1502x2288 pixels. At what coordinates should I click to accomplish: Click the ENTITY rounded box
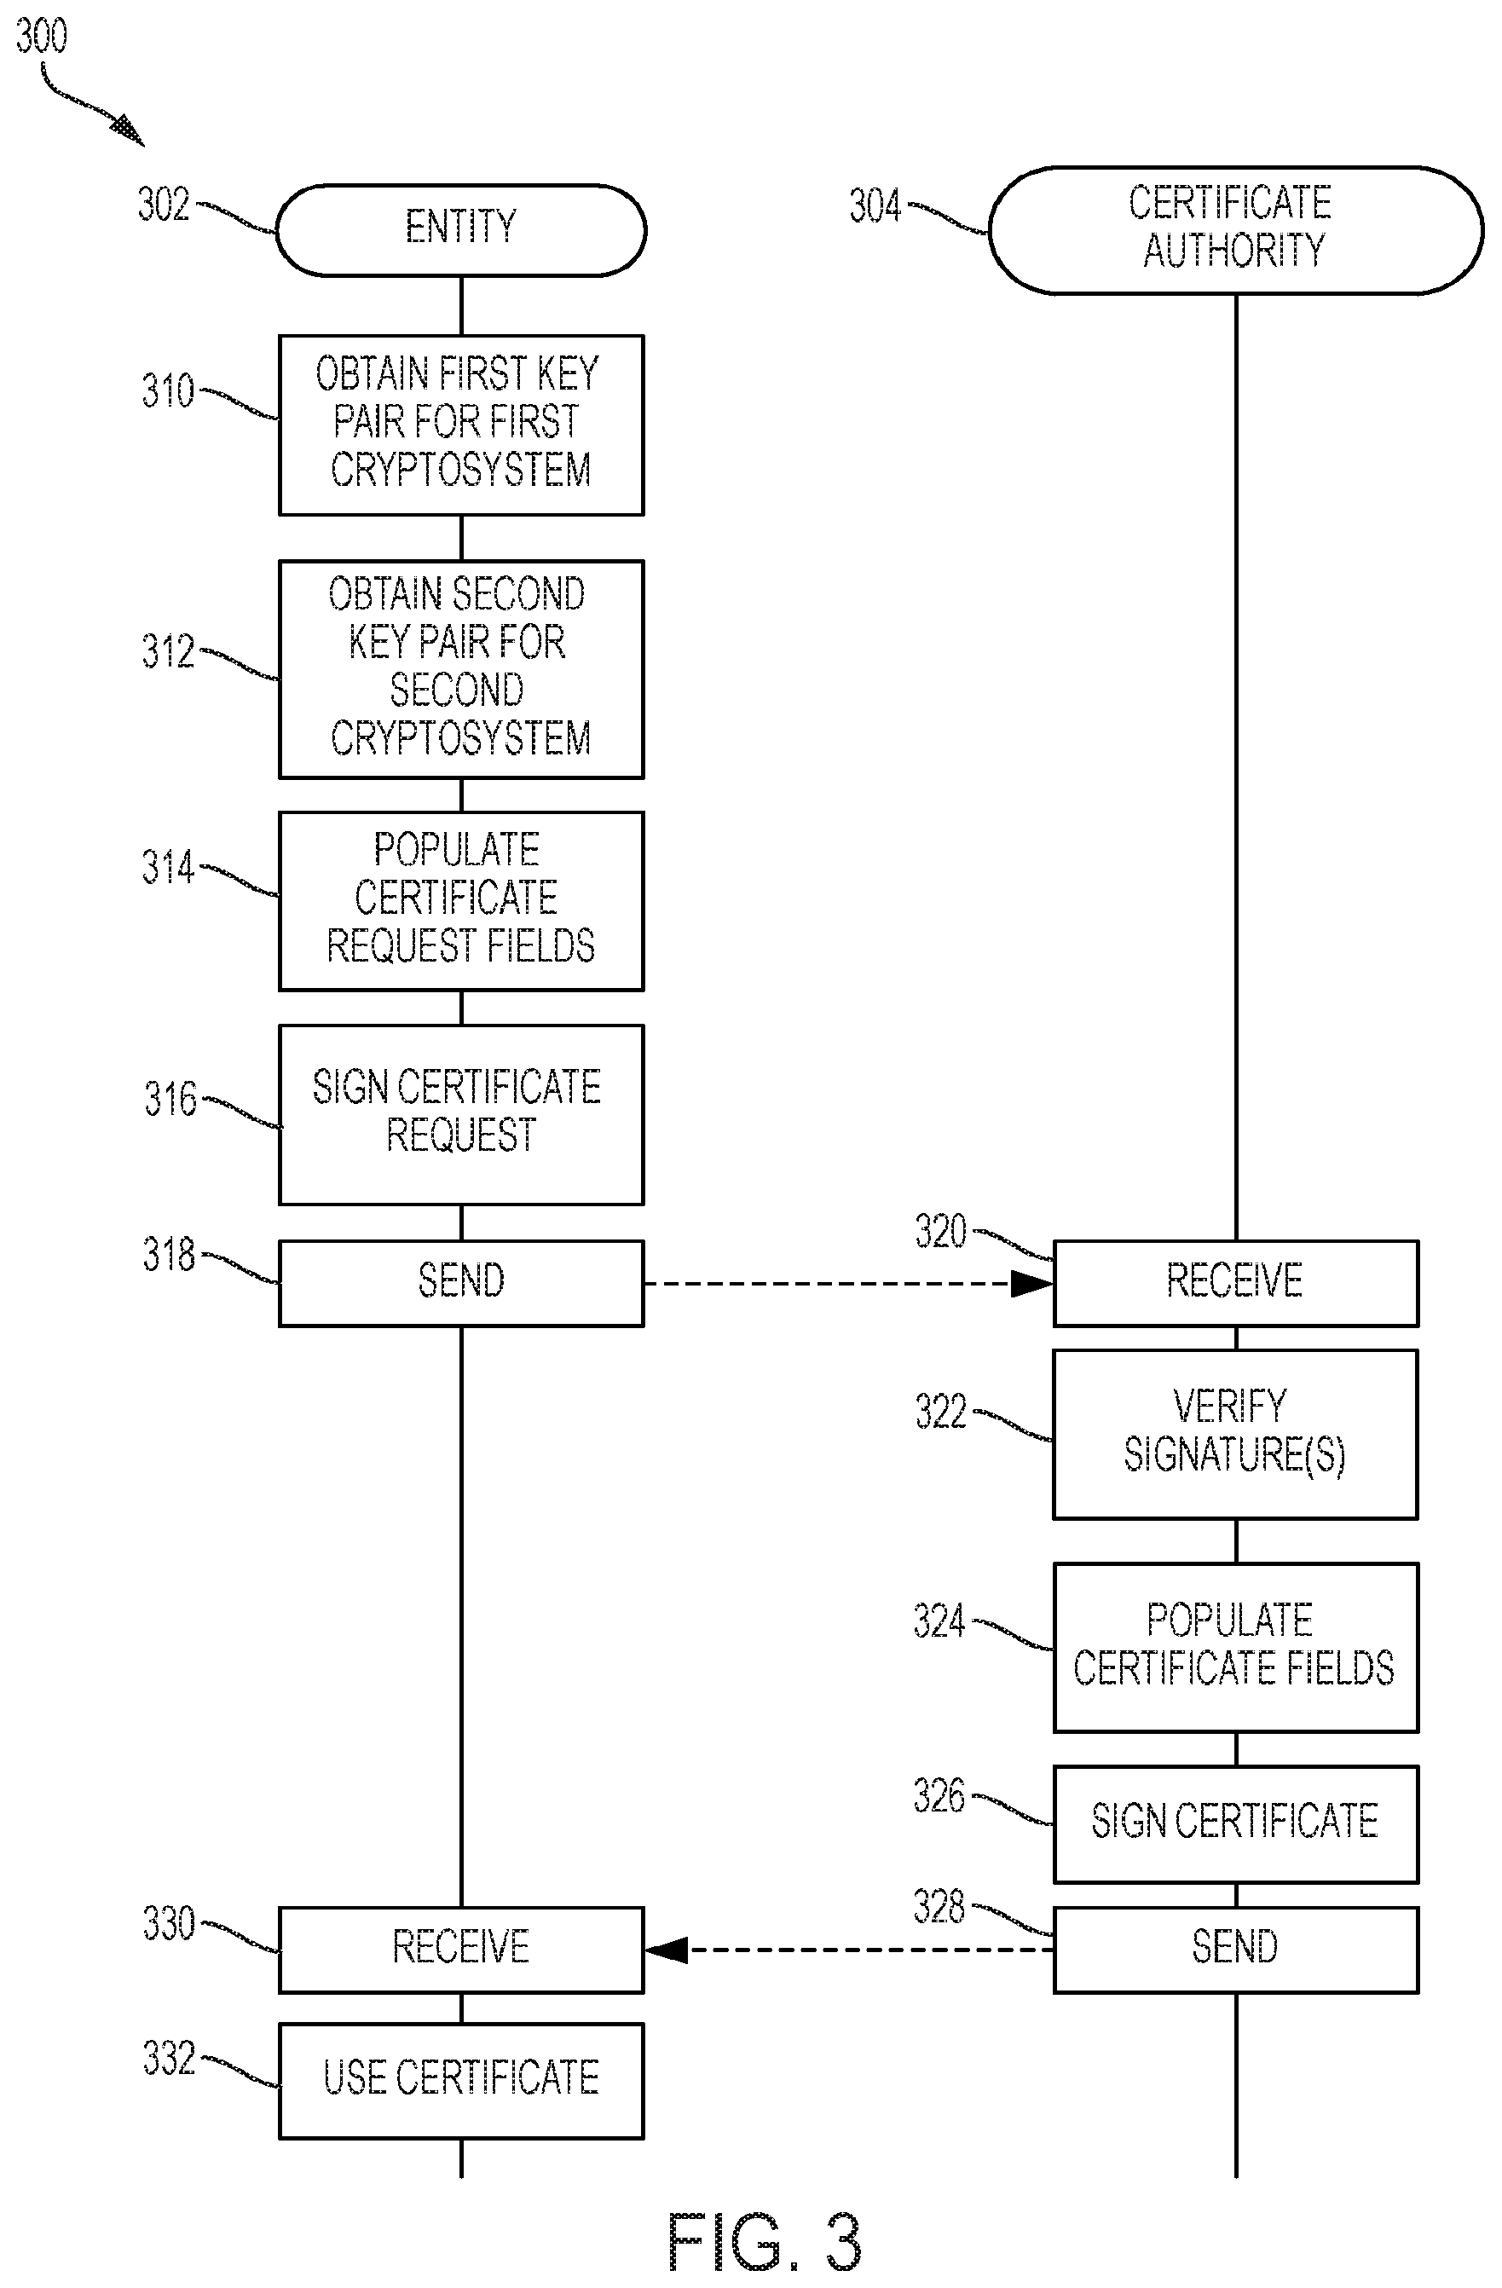click(460, 230)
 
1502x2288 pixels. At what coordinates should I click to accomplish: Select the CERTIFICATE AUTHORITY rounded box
click(1236, 230)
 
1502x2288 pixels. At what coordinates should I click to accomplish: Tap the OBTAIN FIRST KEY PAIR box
click(461, 425)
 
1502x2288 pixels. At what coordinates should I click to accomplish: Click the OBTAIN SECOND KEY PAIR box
click(461, 669)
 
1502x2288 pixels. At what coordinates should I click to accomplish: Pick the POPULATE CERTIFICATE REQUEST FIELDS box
click(461, 901)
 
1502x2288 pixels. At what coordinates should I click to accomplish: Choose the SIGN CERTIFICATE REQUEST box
click(461, 1114)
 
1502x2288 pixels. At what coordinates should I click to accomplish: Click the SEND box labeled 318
click(461, 1284)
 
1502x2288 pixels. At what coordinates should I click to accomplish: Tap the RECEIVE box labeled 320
click(1236, 1284)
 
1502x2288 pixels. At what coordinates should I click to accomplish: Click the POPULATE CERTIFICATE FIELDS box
click(1236, 1648)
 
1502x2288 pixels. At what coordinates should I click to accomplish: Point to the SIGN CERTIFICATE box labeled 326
click(1236, 1823)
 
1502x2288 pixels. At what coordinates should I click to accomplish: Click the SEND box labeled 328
click(1236, 1950)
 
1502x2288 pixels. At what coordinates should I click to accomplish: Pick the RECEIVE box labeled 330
click(461, 1950)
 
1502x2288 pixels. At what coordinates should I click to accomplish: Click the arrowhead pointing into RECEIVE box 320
click(1031, 1284)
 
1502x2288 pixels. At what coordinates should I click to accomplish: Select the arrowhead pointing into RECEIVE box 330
click(667, 1950)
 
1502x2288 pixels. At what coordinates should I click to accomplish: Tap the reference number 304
click(874, 205)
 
